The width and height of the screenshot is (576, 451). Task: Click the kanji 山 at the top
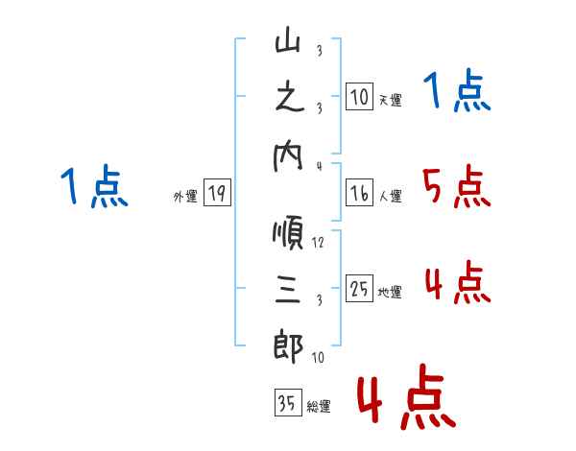click(x=288, y=43)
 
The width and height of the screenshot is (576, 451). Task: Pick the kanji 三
click(x=288, y=290)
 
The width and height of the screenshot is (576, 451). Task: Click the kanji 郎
click(x=288, y=345)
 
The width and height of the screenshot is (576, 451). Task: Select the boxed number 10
click(x=359, y=97)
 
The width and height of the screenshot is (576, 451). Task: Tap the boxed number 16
click(x=359, y=194)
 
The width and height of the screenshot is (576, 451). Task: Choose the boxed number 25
click(x=359, y=289)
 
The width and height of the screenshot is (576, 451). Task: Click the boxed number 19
click(x=215, y=194)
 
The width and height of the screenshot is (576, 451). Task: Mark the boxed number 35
click(x=286, y=403)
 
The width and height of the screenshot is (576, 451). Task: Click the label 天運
click(x=390, y=100)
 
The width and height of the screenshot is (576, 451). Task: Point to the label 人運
click(x=390, y=197)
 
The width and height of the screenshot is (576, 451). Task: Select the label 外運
click(x=184, y=197)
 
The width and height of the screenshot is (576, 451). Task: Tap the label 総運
click(x=319, y=406)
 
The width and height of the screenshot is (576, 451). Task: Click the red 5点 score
click(x=456, y=187)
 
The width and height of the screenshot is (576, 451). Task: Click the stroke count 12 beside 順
click(x=318, y=243)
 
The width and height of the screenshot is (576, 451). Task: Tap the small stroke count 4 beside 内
click(x=318, y=165)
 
